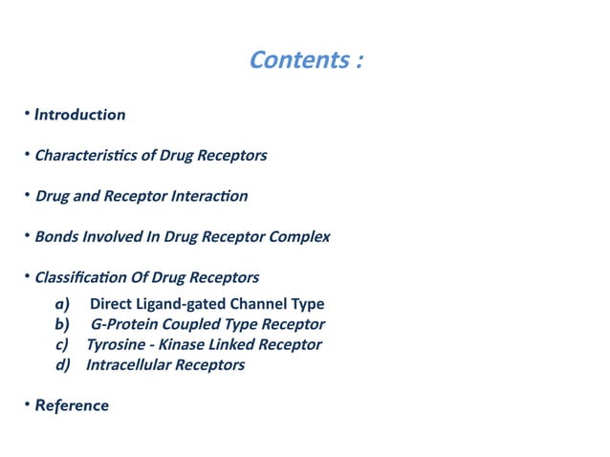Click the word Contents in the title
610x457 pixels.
coord(296,60)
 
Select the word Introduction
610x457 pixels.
coord(79,115)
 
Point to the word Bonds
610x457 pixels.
coord(55,237)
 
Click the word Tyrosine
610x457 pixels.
coord(114,344)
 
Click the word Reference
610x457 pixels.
coord(72,405)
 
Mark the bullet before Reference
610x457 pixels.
coord(27,405)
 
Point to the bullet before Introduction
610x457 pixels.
coord(27,115)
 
